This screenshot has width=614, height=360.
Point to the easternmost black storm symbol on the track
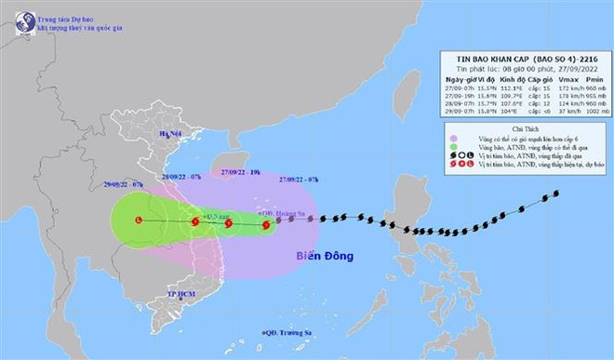(555, 193)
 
